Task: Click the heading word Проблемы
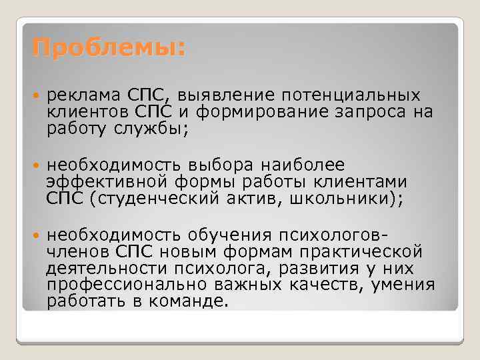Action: pyautogui.click(x=107, y=49)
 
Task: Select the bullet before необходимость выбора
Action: pyautogui.click(x=35, y=165)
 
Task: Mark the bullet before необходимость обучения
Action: pyautogui.click(x=35, y=235)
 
